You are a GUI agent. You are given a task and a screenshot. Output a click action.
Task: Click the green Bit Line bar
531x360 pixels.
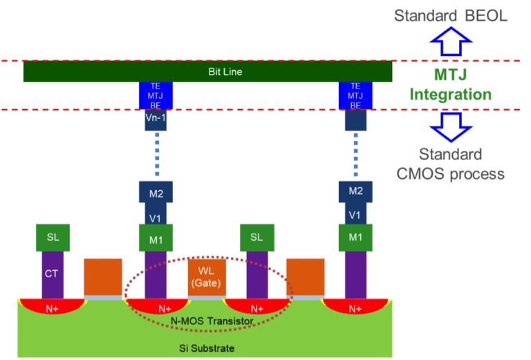(x=207, y=72)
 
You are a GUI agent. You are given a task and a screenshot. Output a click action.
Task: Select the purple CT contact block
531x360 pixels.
(x=51, y=274)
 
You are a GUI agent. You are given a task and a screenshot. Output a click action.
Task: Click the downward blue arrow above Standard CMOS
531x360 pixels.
(x=451, y=126)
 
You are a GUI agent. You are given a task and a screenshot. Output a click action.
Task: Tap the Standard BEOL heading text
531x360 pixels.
(x=451, y=15)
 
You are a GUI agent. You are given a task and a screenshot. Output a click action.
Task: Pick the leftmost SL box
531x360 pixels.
(x=53, y=237)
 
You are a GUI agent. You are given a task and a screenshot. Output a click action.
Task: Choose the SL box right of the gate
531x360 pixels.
(x=257, y=237)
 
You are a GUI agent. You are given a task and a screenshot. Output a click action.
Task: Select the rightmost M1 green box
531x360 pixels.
(x=355, y=237)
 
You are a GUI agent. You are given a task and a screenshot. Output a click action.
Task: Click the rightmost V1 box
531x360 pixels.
(x=355, y=215)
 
